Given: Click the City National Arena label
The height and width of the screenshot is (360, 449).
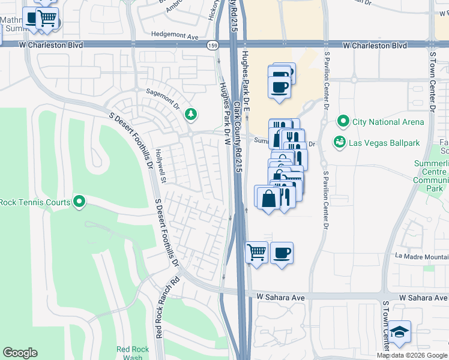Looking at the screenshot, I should point(388,122).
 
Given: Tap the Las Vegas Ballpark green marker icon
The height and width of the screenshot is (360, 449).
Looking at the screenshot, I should point(340,143).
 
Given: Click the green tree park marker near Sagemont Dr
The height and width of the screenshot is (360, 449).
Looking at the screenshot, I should point(191,113).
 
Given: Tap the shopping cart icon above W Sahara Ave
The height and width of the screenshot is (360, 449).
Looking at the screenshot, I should point(256,252).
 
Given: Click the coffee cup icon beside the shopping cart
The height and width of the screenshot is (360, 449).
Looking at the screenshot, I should point(282,252).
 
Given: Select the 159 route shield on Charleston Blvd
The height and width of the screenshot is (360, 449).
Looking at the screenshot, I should point(211,46).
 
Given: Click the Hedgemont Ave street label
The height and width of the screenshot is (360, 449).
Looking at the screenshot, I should point(175,36).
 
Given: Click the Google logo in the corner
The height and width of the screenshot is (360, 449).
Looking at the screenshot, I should point(20,353).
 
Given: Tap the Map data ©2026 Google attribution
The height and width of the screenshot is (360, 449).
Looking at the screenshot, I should point(412,355).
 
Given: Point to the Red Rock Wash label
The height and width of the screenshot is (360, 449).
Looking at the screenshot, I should point(129,353).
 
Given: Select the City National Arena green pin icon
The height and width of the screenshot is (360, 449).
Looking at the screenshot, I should point(343,122).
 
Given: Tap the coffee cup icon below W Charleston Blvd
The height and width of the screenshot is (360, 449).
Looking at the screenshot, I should point(280,86).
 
